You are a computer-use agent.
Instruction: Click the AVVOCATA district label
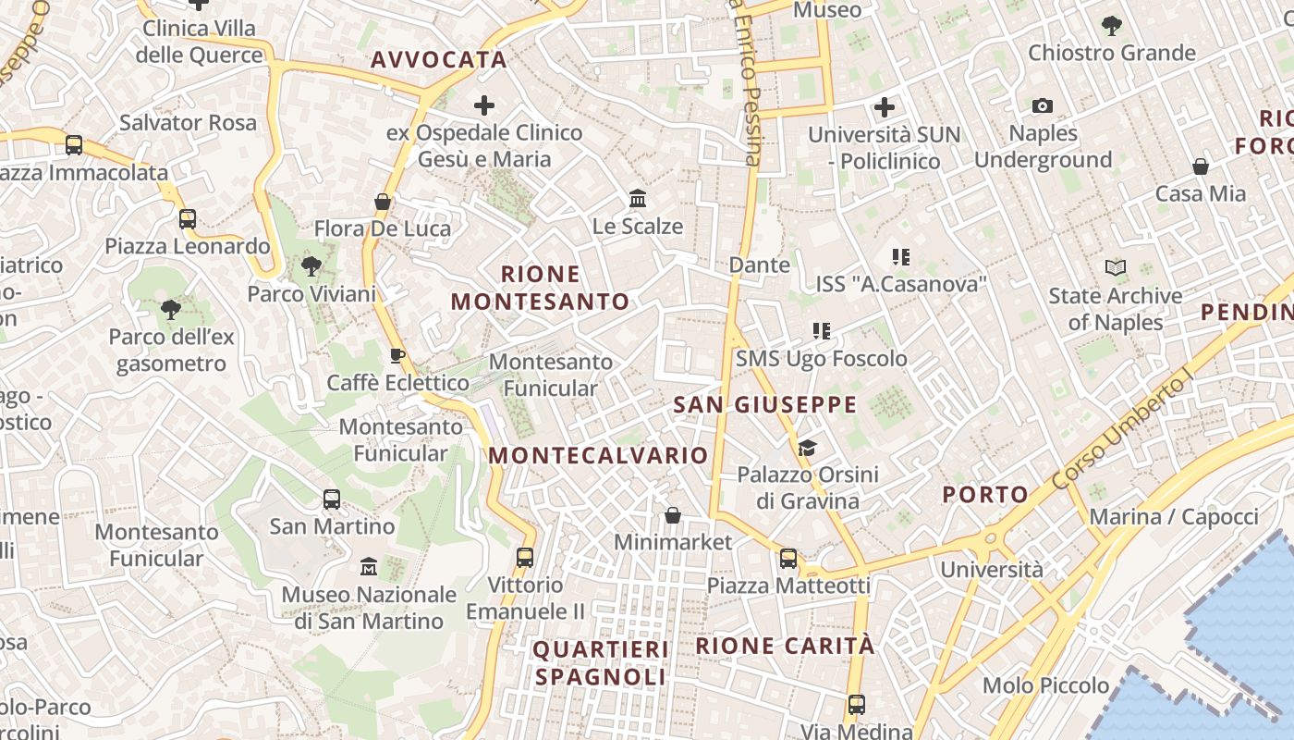point(439,60)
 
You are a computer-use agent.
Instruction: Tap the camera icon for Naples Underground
point(1043,106)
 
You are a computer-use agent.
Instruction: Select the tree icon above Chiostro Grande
point(1112,26)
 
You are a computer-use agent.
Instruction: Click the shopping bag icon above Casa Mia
point(1201,166)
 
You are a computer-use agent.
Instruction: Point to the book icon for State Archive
point(1116,268)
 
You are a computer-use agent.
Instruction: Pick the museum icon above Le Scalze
point(638,198)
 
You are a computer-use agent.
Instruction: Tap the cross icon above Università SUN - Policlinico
point(885,107)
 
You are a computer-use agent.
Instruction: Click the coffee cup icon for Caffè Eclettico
point(397,355)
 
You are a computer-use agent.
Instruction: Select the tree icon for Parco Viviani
point(311,266)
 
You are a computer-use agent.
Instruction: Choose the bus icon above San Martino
point(332,499)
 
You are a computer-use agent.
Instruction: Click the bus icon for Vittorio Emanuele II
point(525,557)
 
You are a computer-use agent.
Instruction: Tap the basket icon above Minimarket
point(673,514)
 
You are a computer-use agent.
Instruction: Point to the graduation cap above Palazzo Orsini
point(807,449)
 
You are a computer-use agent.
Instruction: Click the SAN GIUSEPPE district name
point(765,405)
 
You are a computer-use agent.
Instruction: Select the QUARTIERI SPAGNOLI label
point(601,662)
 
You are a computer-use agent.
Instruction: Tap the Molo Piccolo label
point(1045,685)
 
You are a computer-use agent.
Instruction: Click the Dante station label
point(760,265)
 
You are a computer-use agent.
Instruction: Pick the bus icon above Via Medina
point(857,704)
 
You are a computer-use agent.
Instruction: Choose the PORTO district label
point(985,494)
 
